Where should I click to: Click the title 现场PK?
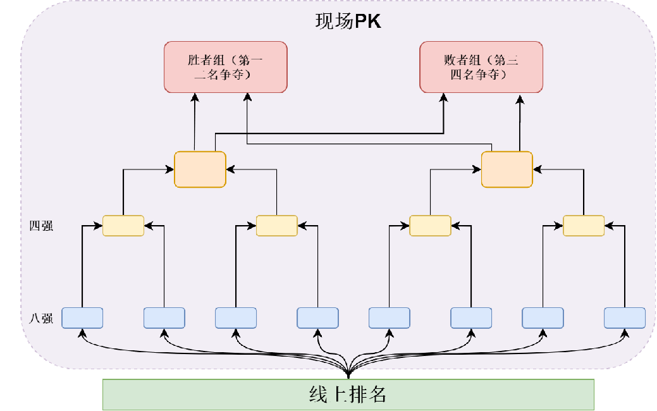pyautogui.click(x=348, y=21)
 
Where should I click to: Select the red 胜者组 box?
pyautogui.click(x=226, y=67)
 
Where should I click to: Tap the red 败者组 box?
pyautogui.click(x=482, y=67)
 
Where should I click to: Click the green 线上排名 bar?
pyautogui.click(x=348, y=395)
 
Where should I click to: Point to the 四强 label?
pyautogui.click(x=41, y=226)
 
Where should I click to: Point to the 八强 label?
pyautogui.click(x=41, y=318)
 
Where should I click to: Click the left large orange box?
pyautogui.click(x=200, y=169)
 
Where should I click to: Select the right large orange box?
pyautogui.click(x=507, y=169)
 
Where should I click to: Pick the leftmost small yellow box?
pyautogui.click(x=123, y=226)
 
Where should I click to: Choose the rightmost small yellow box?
pyautogui.click(x=584, y=226)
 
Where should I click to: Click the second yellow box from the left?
pyautogui.click(x=276, y=226)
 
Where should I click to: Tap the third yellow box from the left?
pyautogui.click(x=430, y=226)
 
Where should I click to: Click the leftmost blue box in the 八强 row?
pyautogui.click(x=82, y=317)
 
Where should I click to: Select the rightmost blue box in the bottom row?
pyautogui.click(x=625, y=317)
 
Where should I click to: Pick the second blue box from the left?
pyautogui.click(x=164, y=317)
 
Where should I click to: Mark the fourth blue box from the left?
pyautogui.click(x=317, y=317)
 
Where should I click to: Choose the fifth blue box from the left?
pyautogui.click(x=390, y=317)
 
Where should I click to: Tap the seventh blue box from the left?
pyautogui.click(x=543, y=317)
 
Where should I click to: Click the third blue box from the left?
pyautogui.click(x=236, y=317)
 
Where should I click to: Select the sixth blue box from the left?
pyautogui.click(x=471, y=317)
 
